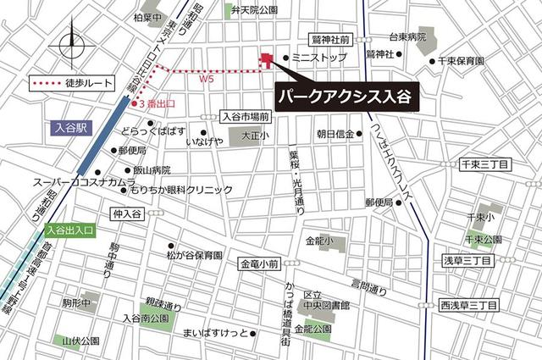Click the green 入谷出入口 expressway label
(71, 230)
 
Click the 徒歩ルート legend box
(67, 84)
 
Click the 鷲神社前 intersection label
(331, 39)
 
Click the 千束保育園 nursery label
(462, 61)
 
